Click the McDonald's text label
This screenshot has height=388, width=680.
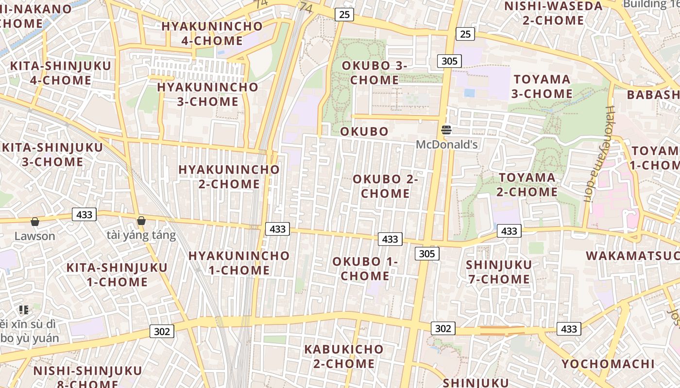pos(447,145)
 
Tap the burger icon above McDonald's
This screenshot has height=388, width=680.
pos(446,130)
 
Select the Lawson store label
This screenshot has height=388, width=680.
pos(34,236)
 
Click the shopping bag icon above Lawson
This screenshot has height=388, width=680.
pos(35,222)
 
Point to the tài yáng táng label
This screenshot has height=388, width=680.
pos(141,236)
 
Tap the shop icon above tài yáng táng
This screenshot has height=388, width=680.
pos(141,221)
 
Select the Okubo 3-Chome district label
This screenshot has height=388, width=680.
pos(374,73)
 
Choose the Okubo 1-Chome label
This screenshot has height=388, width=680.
pos(365,269)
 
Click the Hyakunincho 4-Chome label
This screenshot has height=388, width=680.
pos(212,33)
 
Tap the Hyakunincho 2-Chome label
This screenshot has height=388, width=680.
pos(229,177)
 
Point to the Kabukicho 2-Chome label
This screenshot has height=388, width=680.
pos(343,356)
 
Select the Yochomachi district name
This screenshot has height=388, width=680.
pos(608,364)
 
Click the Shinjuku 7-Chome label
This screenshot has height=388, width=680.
pos(499,272)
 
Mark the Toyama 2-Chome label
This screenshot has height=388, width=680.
pos(527,185)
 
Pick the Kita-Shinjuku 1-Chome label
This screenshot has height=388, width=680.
pos(117,275)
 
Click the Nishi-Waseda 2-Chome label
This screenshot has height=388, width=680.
pos(553,13)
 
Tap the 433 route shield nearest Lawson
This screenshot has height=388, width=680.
pos(85,214)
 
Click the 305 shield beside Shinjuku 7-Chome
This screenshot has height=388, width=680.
pos(427,254)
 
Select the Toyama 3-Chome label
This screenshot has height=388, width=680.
pos(542,86)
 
